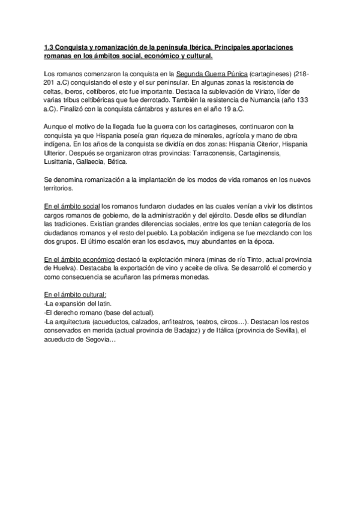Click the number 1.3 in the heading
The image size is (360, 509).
50,47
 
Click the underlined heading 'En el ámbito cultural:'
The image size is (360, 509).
76,295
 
